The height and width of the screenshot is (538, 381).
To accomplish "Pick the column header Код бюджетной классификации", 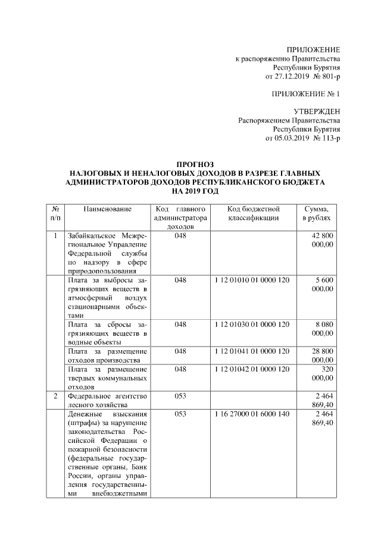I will pyautogui.click(x=253, y=214).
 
